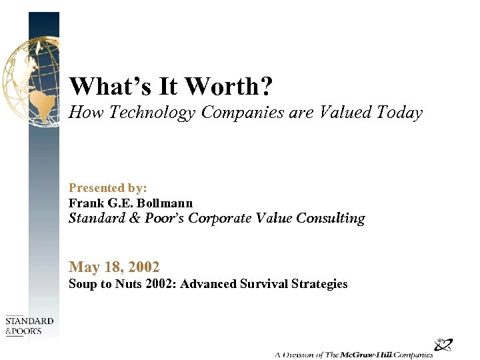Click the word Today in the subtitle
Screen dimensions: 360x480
[x=399, y=113]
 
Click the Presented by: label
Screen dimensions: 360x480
[x=108, y=189]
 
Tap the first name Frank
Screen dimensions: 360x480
[x=85, y=203]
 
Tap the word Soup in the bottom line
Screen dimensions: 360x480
[x=82, y=284]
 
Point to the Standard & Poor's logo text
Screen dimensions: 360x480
[x=29, y=326]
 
